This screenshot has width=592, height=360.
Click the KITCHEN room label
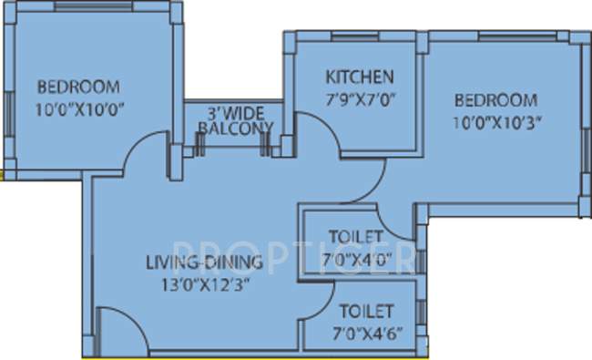[x=360, y=77]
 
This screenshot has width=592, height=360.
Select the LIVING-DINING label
[x=204, y=263]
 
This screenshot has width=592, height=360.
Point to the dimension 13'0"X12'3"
[x=204, y=283]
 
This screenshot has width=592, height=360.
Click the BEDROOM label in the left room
[x=78, y=87]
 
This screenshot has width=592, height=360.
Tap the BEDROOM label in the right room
[x=496, y=100]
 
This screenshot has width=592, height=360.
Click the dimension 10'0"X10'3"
[x=496, y=120]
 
